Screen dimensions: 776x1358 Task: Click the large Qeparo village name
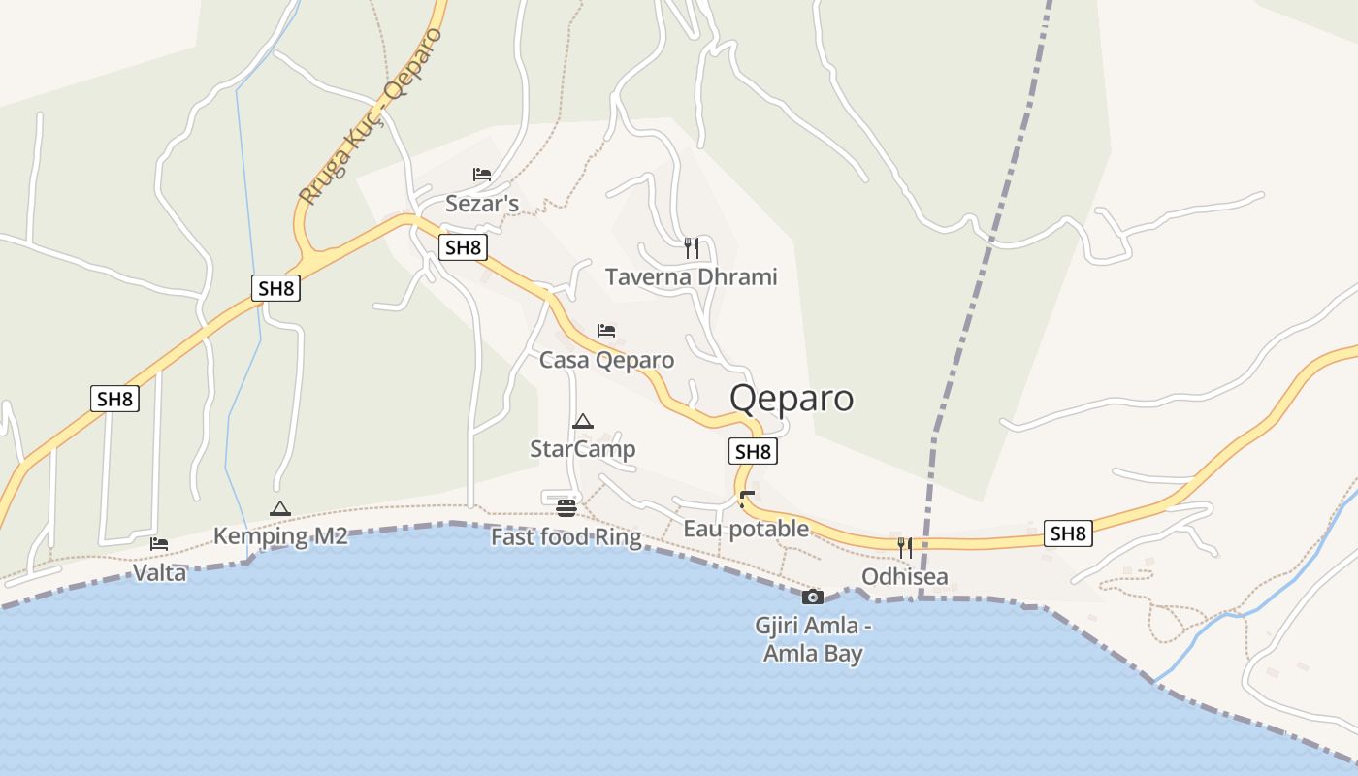[x=792, y=399]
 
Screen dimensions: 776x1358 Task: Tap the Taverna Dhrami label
[x=692, y=277]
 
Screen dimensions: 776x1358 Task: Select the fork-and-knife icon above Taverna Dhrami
[x=692, y=248]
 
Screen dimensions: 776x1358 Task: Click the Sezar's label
[x=482, y=204]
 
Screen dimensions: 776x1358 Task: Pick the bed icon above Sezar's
[x=482, y=175]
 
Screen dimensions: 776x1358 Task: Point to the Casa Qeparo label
[x=606, y=360]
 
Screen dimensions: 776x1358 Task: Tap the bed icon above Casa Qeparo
[x=606, y=331]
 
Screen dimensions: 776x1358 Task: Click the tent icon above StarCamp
[x=582, y=421]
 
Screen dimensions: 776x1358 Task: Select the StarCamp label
[x=582, y=449]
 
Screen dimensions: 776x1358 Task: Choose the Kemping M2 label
[x=280, y=536]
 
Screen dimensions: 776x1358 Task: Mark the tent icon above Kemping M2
[x=280, y=508]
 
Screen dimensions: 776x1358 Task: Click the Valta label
[x=159, y=573]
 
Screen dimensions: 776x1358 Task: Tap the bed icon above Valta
[x=159, y=544]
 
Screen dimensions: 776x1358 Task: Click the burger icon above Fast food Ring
[x=566, y=508]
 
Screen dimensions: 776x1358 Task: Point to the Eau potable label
[x=746, y=529]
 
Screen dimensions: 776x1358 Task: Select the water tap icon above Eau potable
[x=746, y=500]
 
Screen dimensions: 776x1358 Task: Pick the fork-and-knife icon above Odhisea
[x=904, y=548]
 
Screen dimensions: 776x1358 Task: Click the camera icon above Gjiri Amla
[x=813, y=597]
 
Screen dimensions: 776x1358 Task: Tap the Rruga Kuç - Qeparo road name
[x=371, y=116]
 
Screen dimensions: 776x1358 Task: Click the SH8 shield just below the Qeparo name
[x=753, y=451]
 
